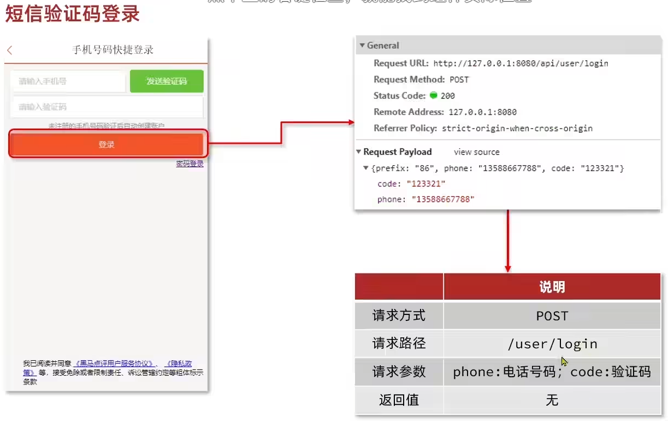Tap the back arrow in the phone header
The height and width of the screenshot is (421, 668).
9,50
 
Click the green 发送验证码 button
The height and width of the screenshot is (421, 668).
167,81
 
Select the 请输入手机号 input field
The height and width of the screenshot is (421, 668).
68,81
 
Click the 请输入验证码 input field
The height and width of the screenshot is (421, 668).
107,107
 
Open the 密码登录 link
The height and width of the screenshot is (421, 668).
190,163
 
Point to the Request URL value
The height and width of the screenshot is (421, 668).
521,63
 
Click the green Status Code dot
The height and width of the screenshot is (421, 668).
434,96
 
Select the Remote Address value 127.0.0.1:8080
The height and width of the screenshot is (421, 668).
482,112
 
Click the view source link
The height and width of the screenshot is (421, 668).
476,152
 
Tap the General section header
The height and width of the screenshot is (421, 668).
382,46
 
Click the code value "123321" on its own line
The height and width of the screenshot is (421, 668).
425,184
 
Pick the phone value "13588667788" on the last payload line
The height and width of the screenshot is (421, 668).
443,200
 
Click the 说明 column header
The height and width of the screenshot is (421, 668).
552,287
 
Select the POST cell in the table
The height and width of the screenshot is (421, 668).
552,316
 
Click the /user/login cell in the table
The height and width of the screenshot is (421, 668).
552,344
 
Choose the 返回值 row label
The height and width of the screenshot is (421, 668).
399,400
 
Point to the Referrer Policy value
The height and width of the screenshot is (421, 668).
517,128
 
